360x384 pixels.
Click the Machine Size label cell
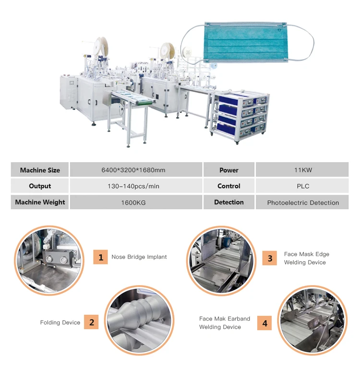40,170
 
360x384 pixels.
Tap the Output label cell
40,186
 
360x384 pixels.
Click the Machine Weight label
40,202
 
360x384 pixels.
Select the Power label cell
229,170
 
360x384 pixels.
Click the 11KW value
302,170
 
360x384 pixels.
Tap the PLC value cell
302,186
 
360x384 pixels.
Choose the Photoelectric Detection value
302,203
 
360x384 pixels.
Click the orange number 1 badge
100,257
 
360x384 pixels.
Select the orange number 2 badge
91,322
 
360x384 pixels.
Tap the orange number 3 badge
270,258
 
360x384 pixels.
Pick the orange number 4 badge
264,323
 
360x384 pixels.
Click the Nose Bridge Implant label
139,257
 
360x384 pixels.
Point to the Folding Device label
60,323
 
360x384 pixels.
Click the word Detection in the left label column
229,202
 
